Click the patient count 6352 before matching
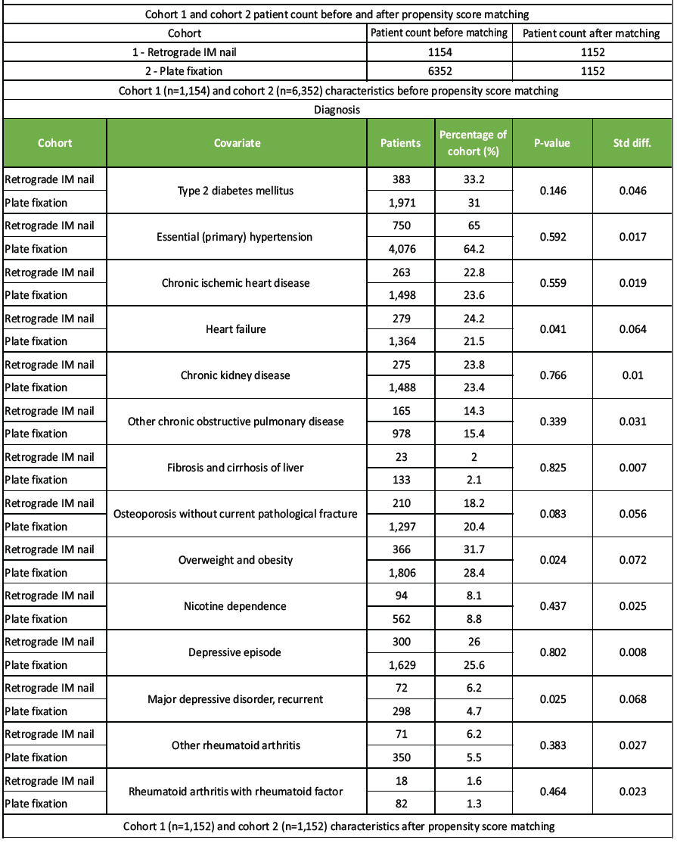[439, 72]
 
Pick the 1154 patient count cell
[439, 53]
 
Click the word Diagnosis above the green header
[337, 110]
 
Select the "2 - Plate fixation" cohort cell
[185, 72]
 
